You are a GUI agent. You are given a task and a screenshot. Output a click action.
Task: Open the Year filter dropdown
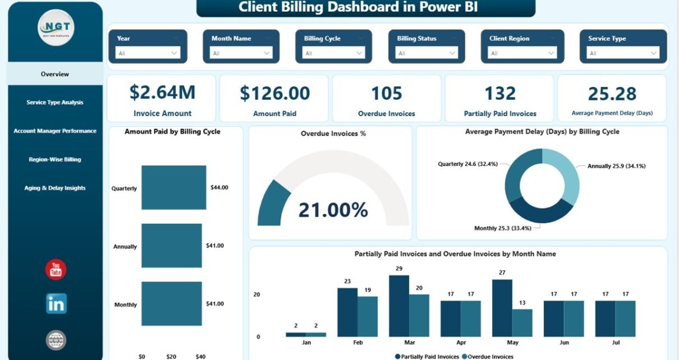tap(148, 53)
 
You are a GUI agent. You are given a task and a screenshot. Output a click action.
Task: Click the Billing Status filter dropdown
tap(426, 53)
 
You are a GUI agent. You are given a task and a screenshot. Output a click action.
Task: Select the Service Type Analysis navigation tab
tap(55, 103)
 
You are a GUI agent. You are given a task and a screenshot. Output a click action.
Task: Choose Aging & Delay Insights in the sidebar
tap(55, 188)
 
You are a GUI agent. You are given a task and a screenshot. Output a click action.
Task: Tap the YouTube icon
tap(56, 270)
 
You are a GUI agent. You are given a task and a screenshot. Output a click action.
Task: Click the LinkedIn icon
tap(56, 303)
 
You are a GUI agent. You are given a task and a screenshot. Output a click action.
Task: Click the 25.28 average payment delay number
tap(612, 94)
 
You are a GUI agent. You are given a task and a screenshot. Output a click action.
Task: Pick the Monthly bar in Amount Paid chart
tap(171, 304)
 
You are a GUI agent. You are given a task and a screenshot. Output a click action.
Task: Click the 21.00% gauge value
tap(333, 210)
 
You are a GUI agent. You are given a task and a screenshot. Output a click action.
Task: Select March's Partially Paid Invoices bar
tap(399, 306)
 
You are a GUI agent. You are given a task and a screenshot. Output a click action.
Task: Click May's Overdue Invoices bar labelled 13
tap(522, 322)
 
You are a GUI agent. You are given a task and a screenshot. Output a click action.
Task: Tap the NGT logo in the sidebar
tap(56, 28)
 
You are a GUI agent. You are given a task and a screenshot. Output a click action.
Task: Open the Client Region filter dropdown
tap(523, 53)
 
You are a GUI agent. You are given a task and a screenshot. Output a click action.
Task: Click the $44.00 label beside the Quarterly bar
tap(219, 187)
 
